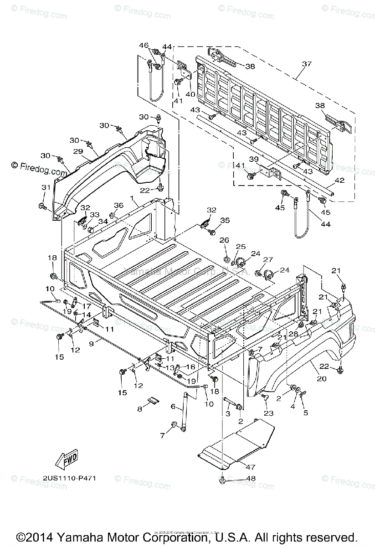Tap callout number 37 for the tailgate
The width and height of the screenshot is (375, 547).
307,64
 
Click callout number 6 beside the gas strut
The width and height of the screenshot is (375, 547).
173,406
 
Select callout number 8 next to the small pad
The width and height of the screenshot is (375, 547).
140,409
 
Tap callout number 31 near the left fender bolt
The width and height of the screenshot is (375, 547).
46,187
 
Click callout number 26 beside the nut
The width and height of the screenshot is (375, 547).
225,240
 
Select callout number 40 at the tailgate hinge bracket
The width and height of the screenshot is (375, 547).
190,94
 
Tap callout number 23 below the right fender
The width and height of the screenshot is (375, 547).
268,413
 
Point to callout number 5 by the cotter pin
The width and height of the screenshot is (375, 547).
306,413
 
